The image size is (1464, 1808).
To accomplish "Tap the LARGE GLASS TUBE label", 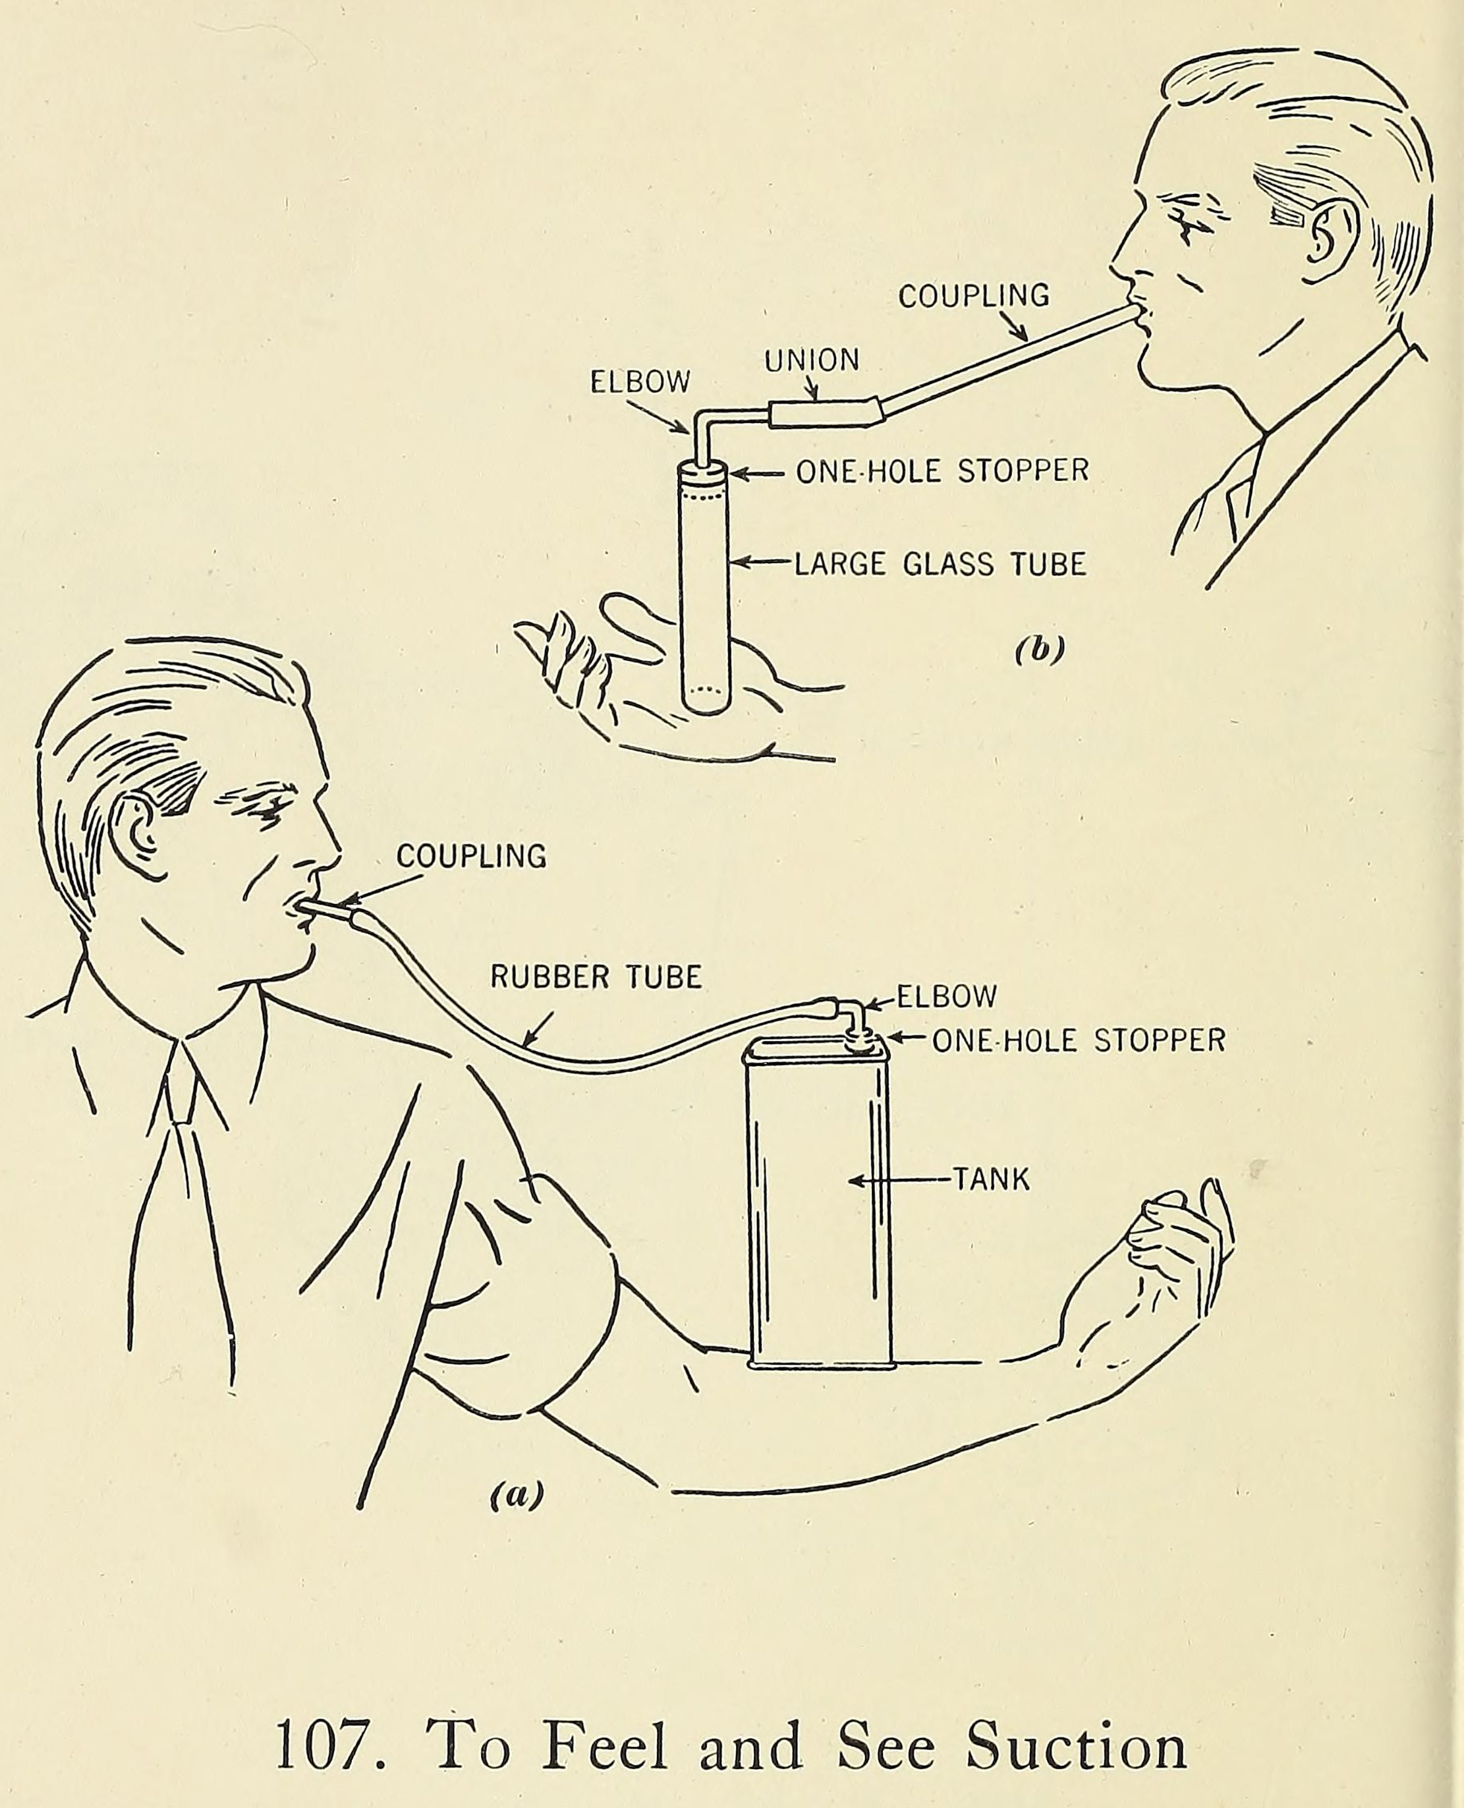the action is pos(940,563).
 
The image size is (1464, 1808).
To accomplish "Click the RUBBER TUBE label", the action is pos(596,976).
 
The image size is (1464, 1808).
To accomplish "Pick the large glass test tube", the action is pos(705,590).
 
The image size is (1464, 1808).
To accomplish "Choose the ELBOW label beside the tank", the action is pos(946,997).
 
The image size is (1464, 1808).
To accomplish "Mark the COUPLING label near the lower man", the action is pos(471,856).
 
